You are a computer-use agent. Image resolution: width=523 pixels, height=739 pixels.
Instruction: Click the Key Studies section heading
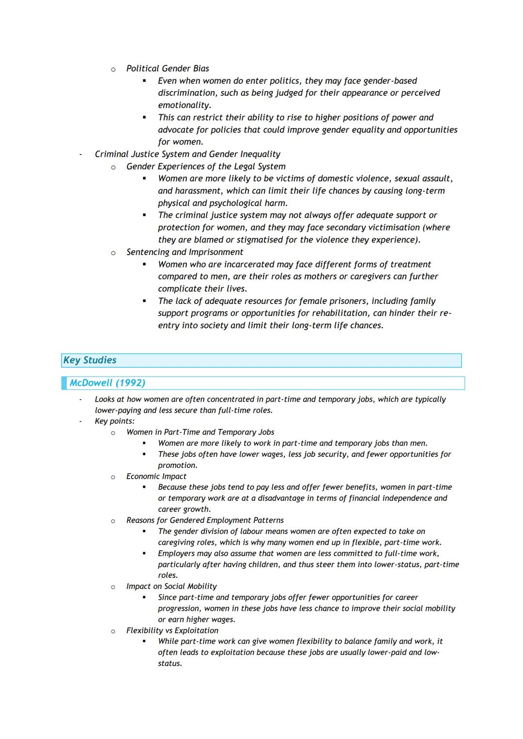tap(90, 360)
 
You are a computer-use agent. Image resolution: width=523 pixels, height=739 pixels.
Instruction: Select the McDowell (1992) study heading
tap(107, 383)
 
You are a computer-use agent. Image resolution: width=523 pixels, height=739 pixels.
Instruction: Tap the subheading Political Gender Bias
tap(168, 68)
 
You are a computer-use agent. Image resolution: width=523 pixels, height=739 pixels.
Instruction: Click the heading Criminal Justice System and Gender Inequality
tap(187, 154)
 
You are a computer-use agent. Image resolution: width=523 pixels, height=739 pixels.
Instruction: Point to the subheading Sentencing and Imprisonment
tap(185, 252)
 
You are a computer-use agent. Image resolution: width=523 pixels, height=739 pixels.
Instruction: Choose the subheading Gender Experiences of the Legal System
tap(206, 166)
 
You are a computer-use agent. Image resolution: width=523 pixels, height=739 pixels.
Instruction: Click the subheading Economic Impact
tap(156, 476)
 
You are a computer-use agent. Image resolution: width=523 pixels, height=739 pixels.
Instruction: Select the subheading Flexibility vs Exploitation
tap(172, 631)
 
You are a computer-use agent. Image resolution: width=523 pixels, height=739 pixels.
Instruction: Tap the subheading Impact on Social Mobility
tap(171, 587)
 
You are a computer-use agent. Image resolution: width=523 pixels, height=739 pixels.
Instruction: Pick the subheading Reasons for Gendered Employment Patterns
tap(205, 520)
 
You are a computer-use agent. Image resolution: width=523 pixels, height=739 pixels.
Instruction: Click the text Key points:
tap(114, 421)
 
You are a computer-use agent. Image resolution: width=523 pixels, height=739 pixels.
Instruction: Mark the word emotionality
tap(184, 105)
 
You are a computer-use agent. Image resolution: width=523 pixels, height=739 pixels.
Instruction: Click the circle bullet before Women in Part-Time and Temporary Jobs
tap(113, 433)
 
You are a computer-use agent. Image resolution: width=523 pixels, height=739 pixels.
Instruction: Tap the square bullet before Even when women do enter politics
tap(144, 81)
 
